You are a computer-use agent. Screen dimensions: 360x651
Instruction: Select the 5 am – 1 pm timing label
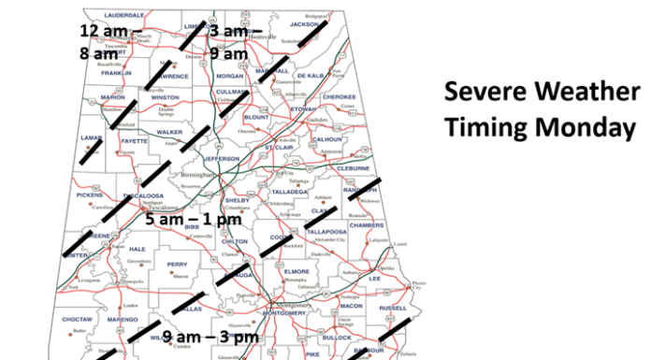[195, 221]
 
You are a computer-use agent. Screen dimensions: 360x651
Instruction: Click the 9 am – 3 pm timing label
[210, 336]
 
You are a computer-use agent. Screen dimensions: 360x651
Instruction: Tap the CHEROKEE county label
[339, 96]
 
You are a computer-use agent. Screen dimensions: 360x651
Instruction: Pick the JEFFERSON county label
[222, 159]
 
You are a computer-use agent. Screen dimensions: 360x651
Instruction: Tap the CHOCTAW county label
[78, 319]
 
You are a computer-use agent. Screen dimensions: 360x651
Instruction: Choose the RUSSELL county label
[394, 308]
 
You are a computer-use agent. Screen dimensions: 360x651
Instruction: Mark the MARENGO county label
[123, 319]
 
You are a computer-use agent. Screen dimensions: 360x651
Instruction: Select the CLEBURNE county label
[354, 169]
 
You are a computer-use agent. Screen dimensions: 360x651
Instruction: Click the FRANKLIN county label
[116, 72]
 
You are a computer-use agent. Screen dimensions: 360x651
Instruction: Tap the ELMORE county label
[309, 271]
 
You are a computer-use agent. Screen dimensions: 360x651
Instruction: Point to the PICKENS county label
[90, 195]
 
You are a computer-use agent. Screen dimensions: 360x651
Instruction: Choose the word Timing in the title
[485, 126]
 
